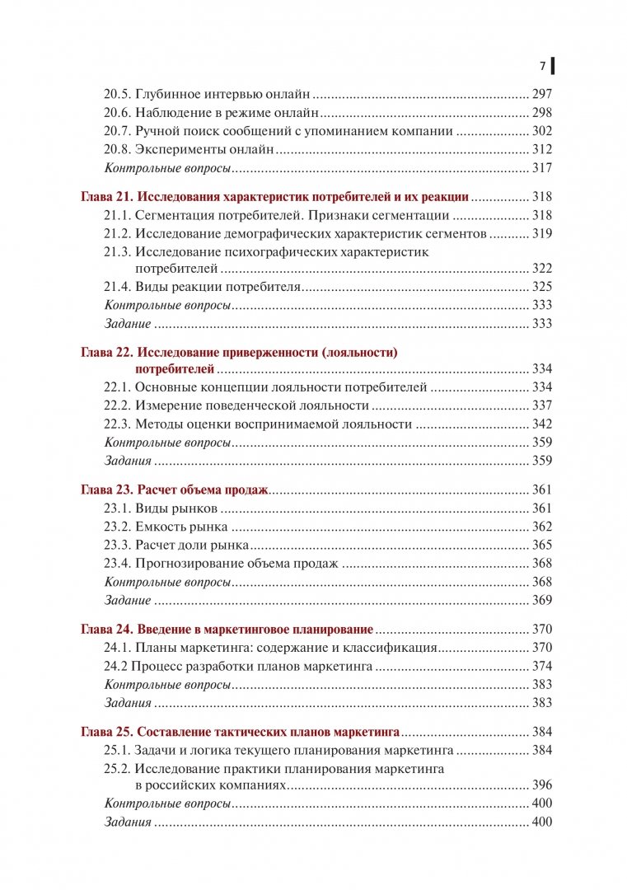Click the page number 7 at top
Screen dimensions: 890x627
(542, 66)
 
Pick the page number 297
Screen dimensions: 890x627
(542, 94)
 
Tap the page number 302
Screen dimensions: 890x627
(542, 131)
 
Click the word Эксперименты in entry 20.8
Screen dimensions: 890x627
(175, 150)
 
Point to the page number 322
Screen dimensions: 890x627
(542, 269)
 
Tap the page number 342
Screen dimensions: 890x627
(542, 424)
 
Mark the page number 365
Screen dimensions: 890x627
(542, 545)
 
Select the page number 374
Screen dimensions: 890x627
(542, 666)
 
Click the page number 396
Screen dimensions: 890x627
(542, 785)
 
